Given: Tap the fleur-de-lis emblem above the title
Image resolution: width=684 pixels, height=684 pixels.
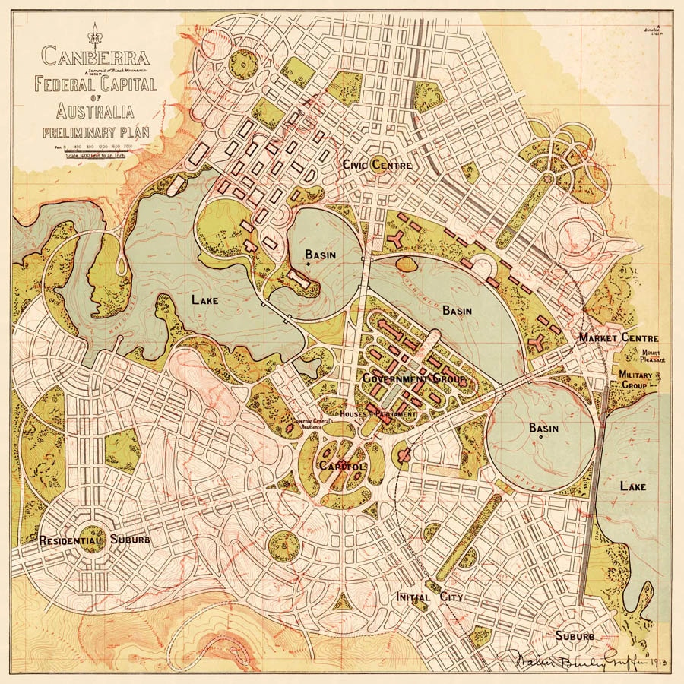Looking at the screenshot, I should pos(95,33).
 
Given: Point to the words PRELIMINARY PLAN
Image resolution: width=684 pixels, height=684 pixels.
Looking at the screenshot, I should pos(96,131).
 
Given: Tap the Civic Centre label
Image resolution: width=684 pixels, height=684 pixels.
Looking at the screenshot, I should pos(377,165).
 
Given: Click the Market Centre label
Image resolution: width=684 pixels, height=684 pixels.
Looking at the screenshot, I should pos(618,337).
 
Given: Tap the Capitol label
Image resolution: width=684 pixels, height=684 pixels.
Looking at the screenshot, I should pos(342,466).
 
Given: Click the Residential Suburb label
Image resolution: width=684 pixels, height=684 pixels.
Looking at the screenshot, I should pos(94,540).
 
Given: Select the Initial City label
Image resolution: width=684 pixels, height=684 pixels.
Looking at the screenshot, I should pos(429,597).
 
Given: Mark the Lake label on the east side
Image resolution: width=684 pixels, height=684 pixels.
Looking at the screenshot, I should pos(632,486).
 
